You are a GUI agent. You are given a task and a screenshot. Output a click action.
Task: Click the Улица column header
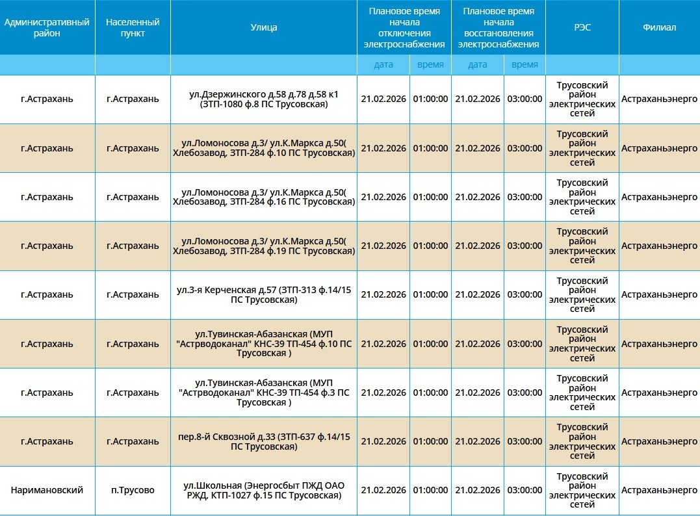[263, 27]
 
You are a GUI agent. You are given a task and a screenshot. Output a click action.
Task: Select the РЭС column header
[582, 27]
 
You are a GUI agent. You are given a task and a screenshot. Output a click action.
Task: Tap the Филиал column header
[659, 27]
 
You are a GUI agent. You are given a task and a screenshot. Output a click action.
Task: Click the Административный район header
[47, 27]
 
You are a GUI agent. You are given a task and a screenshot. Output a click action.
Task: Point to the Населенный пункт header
[133, 27]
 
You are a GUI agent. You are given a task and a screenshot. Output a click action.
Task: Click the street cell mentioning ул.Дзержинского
[263, 99]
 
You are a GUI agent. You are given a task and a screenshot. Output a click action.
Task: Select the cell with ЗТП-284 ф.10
[263, 148]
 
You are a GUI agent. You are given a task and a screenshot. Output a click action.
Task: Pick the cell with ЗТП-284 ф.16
[263, 197]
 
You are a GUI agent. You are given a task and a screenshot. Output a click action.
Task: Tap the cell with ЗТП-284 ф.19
[263, 246]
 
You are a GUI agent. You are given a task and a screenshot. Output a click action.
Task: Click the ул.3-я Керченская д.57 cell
[263, 294]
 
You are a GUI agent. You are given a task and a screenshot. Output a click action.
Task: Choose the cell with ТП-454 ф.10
[263, 344]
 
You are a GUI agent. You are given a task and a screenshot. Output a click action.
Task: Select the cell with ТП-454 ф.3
[263, 393]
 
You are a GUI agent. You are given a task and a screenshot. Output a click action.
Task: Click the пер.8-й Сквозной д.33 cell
[263, 441]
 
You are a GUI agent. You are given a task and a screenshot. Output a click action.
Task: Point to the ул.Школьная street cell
[263, 491]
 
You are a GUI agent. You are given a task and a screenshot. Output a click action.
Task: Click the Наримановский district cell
[47, 491]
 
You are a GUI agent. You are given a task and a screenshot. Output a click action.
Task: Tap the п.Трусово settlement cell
[133, 491]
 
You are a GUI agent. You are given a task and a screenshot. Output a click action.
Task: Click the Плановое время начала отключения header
[404, 27]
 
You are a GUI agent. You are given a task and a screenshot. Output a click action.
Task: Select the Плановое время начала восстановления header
[498, 27]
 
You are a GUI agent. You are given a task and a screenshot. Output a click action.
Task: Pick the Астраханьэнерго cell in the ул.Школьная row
[659, 491]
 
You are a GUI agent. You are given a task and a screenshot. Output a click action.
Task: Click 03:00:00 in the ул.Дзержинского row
[525, 99]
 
